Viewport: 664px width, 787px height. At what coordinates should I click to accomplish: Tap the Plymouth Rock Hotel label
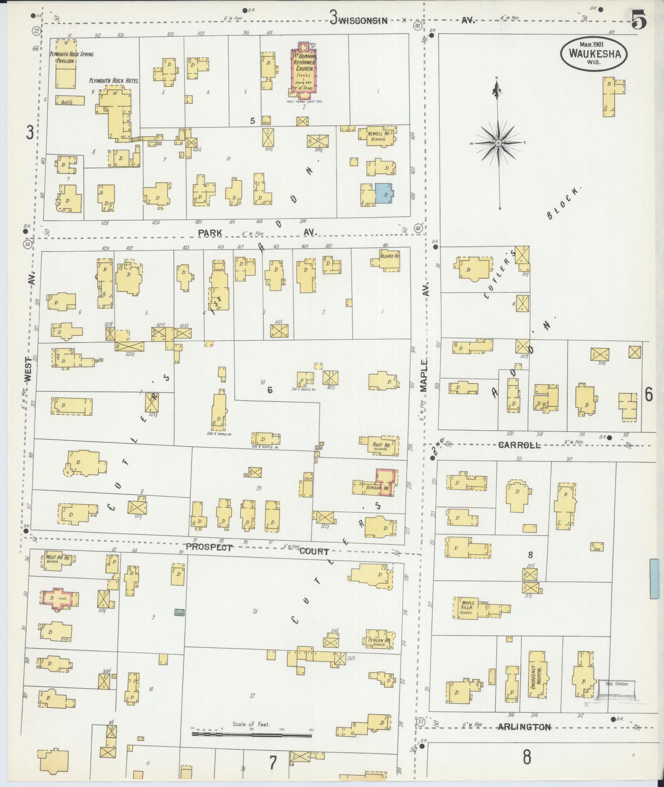114,81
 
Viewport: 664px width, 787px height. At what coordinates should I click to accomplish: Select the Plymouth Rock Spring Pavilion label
71,57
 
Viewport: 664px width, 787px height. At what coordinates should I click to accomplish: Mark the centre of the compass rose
498,143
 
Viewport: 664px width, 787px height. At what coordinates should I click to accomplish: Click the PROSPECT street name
209,547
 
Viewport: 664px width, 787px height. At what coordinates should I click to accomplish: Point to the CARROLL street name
519,445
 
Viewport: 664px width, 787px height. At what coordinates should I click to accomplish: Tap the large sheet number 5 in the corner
638,19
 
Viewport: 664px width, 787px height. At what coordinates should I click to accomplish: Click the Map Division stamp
616,685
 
